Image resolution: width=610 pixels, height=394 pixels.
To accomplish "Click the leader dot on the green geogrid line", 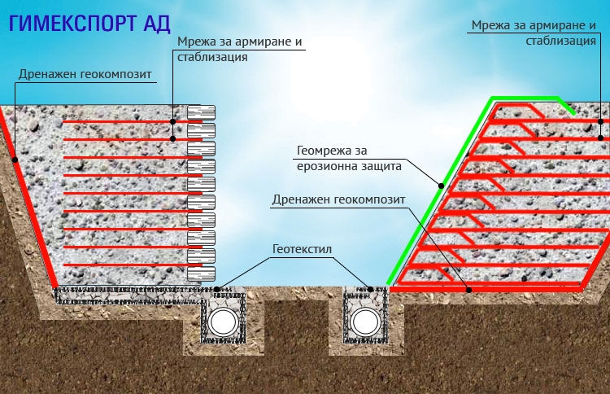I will (x=441, y=186).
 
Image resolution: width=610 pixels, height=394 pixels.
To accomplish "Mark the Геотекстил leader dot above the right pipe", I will (x=371, y=287).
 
